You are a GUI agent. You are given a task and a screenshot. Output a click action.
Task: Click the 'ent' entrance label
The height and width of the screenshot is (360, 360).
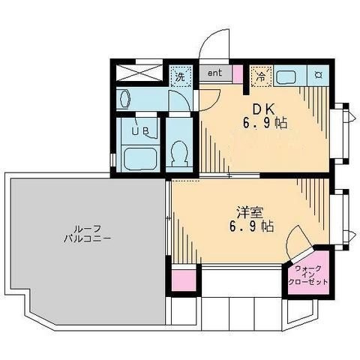214,73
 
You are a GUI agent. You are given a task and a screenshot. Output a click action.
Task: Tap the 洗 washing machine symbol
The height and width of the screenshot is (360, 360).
180,76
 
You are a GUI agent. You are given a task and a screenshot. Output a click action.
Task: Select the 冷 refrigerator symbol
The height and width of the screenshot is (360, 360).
261,76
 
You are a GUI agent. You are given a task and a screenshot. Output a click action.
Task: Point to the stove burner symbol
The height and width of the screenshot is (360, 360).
318,75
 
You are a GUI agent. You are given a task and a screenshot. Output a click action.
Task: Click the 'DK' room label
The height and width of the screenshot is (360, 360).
264,109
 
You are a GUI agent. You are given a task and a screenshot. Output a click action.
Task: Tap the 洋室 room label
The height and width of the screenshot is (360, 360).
250,212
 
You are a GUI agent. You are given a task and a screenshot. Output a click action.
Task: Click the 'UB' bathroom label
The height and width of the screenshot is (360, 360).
140,131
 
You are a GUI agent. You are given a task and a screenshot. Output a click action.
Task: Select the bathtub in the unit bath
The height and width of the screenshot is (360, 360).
140,158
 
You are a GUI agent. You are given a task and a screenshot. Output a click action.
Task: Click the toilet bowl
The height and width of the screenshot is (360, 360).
179,153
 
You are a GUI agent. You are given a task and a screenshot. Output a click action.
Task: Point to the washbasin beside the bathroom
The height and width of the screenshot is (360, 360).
124,99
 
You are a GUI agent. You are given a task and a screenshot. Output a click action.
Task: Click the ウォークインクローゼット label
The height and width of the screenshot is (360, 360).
307,275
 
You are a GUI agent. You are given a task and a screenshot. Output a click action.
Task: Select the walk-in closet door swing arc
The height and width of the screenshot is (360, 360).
290,238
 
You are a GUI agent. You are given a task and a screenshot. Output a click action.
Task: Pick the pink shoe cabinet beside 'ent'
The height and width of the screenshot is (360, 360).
238,74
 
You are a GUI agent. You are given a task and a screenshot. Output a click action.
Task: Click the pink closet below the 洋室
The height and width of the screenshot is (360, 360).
184,280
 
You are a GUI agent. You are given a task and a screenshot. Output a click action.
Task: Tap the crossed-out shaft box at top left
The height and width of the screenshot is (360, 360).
139,73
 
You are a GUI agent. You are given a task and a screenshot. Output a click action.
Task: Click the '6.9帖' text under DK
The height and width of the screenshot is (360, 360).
265,123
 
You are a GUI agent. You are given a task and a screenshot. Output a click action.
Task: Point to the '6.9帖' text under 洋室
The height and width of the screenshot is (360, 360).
251,226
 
